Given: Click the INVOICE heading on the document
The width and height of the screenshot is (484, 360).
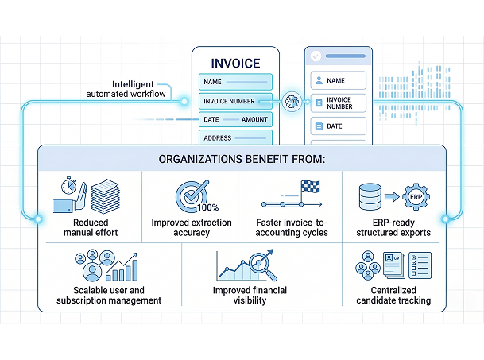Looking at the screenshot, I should [235, 63].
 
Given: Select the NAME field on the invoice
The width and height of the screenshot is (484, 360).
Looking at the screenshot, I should [235, 82].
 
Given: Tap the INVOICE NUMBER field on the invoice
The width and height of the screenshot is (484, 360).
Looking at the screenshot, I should [235, 101].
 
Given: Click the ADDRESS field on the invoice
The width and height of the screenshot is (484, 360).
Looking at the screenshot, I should [235, 137].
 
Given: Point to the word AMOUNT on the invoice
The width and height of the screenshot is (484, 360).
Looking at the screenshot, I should [254, 119].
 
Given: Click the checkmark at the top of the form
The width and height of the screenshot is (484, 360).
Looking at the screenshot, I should [316, 57].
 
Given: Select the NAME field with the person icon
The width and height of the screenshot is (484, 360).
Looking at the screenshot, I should [337, 81].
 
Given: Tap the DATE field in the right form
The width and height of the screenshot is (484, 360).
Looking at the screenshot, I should [337, 126].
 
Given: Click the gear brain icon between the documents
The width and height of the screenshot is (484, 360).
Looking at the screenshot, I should [290, 100].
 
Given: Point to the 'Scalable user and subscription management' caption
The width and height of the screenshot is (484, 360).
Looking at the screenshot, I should [109, 296].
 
